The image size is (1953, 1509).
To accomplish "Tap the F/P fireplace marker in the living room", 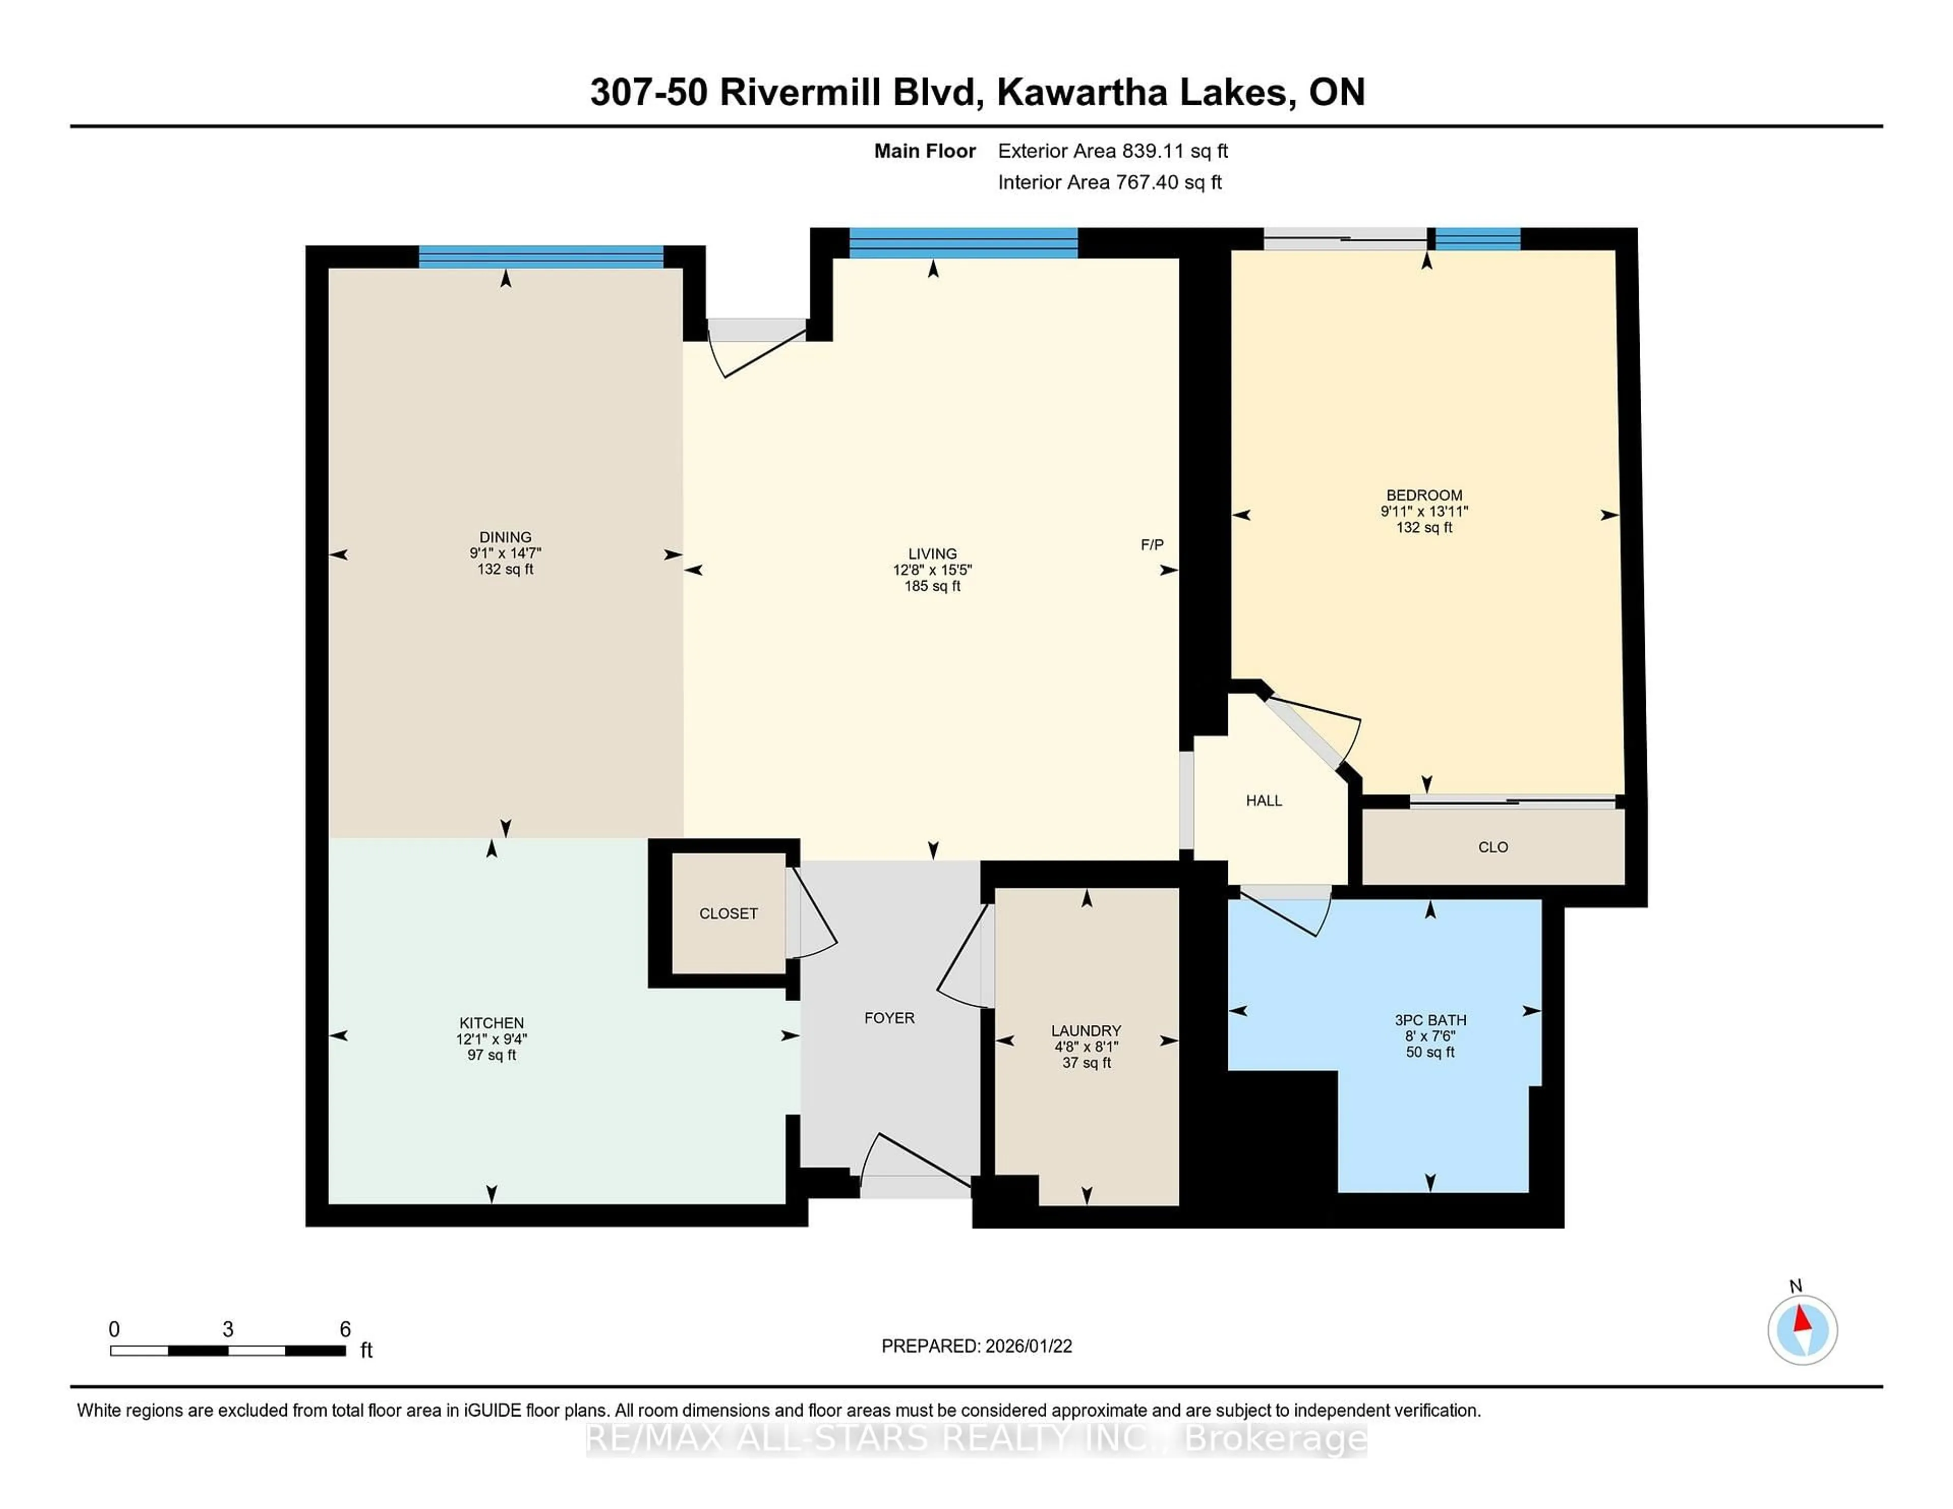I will pos(1152,545).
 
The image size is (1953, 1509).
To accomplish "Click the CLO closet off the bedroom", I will pos(1493,847).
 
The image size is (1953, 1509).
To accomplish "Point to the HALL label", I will pos(1263,801).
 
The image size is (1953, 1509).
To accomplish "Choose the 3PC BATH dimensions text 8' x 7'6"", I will pos(1430,1036).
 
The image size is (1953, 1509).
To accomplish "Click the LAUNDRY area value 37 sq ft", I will pos(1086,1063).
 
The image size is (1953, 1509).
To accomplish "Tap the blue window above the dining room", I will pos(541,257).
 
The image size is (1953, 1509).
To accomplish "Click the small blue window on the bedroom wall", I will pos(1477,238).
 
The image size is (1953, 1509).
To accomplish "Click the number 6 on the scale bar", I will pos(345,1330).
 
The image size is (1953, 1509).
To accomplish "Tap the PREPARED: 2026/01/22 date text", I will pos(976,1346).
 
